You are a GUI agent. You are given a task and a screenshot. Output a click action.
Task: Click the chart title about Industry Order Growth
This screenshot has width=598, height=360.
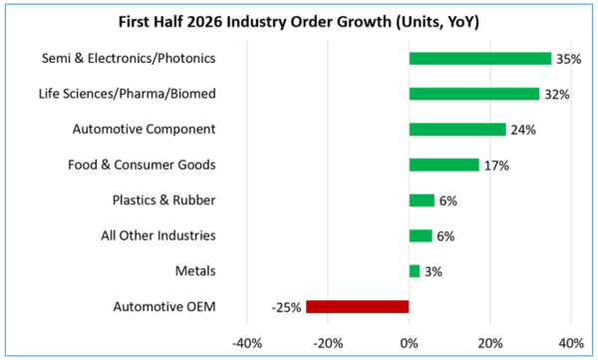pos(299,22)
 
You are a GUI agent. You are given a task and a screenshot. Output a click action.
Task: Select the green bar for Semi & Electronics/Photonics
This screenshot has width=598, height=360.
pos(480,59)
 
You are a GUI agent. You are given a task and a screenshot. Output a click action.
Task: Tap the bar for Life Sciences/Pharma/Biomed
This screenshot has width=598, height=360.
pos(474,94)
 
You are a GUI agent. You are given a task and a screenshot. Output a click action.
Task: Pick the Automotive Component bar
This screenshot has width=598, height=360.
pos(457,130)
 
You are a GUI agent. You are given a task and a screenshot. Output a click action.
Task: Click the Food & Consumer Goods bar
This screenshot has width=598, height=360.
pos(445,165)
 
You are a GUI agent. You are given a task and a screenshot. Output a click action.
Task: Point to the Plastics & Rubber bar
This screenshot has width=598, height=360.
pos(422,200)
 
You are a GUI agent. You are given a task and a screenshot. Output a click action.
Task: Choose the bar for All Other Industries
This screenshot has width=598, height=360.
pos(421,236)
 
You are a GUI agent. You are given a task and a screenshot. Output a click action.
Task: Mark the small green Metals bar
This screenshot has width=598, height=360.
pos(415,271)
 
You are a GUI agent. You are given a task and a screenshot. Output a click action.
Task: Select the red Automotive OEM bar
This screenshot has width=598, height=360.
pos(358,307)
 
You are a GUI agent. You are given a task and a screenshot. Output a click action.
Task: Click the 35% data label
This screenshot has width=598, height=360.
pos(569,59)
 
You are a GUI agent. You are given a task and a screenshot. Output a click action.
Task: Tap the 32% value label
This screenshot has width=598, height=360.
pos(557,95)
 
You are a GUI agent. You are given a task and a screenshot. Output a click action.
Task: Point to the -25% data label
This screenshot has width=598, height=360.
pos(286,307)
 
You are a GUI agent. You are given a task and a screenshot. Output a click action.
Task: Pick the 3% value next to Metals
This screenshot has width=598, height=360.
pos(434,272)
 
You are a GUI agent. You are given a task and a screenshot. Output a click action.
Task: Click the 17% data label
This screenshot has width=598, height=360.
pos(496,166)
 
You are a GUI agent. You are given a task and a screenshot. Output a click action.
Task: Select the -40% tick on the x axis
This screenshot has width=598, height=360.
pos(247,343)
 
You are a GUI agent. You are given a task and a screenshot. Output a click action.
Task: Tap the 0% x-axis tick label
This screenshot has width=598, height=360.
pos(410,343)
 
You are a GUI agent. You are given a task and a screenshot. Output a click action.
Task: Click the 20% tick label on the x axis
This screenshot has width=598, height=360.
pos(490,343)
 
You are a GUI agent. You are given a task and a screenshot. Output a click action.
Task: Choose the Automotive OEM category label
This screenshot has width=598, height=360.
pos(164,306)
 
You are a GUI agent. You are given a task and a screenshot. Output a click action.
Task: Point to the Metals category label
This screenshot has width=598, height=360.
pos(195,271)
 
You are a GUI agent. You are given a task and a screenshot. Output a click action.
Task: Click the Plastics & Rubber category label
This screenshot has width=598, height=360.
pos(164,200)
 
